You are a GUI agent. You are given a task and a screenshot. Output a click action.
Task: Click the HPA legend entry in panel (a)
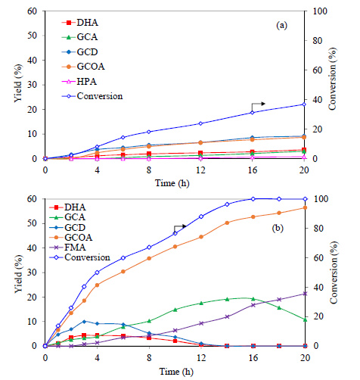tap(79, 82)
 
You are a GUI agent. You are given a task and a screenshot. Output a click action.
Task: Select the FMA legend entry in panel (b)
tap(67, 248)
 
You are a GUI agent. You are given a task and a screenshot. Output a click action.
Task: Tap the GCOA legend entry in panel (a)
tap(83, 67)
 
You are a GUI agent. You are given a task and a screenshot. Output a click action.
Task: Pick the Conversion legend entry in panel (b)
tap(79, 257)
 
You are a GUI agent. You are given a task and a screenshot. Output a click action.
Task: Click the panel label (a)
tap(281, 26)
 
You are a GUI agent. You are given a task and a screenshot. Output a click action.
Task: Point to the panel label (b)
tap(278, 228)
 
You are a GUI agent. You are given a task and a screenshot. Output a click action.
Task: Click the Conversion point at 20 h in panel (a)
tap(304, 104)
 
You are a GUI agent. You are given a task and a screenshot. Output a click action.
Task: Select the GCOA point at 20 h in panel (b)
tap(305, 207)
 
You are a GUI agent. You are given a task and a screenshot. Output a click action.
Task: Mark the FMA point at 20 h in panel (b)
tap(305, 294)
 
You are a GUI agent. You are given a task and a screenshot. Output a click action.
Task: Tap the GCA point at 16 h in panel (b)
tap(253, 299)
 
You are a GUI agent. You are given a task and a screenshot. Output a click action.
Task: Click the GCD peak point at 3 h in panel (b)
tap(84, 322)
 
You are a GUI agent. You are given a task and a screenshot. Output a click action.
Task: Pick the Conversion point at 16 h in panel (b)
tap(253, 199)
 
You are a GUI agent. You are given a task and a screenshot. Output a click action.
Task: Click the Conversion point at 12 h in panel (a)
tap(200, 123)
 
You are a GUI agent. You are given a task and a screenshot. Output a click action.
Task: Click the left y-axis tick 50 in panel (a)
tap(33, 36)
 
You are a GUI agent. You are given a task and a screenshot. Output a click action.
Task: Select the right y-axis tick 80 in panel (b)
tap(318, 229)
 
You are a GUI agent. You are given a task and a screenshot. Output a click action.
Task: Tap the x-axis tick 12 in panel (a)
tap(200, 170)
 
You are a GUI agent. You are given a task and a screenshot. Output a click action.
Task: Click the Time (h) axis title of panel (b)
tap(176, 372)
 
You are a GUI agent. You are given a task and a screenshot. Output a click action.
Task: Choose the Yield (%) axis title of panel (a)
tap(18, 83)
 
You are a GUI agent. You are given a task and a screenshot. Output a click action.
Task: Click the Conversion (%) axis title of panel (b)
tap(334, 273)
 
